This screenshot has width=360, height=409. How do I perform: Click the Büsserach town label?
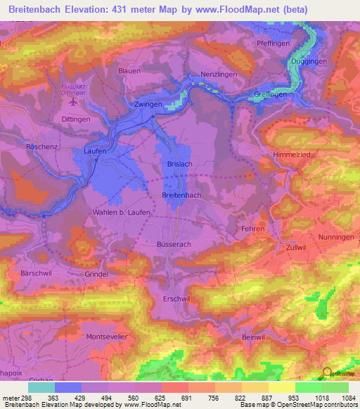[x=175, y=243]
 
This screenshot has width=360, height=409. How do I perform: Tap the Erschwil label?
[x=176, y=298]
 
